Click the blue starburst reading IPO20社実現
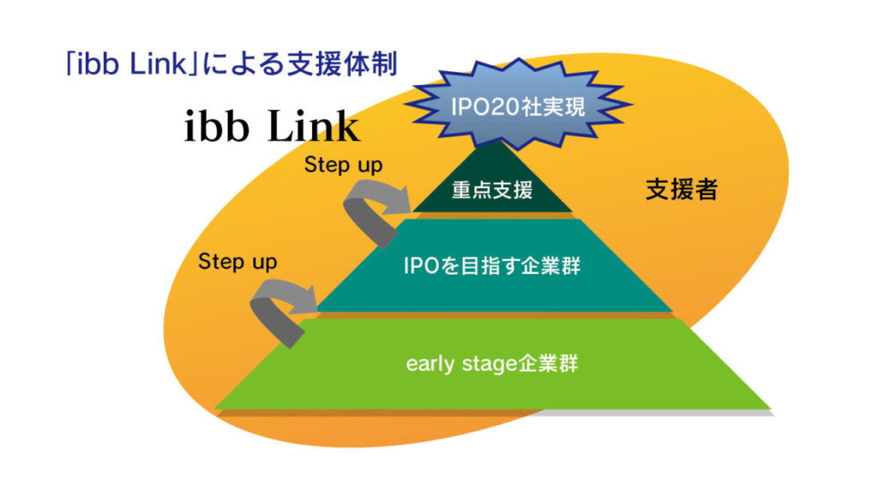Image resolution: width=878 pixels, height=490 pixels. point(518,105)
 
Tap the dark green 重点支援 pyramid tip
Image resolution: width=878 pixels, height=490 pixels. point(493,182)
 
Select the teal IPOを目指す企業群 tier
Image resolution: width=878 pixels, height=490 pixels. point(494,265)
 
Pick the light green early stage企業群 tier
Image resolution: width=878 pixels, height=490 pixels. point(493,364)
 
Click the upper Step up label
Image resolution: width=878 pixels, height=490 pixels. point(343,166)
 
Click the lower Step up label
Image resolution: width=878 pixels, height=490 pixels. point(238,262)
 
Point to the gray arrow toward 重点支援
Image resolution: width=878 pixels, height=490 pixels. point(376,212)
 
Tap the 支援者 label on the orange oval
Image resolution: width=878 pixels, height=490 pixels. point(682,190)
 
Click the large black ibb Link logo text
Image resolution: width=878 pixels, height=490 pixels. point(272,126)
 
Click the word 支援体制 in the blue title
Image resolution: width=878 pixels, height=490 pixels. point(342,64)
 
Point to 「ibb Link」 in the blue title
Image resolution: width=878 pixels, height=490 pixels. point(132,64)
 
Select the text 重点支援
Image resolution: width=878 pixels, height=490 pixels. point(492,191)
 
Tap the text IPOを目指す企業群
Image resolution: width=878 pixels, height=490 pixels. point(492,266)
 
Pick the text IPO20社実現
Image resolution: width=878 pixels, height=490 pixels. point(518,106)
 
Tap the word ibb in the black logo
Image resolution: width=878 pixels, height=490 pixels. point(216,126)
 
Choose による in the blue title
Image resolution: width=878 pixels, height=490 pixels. point(243,64)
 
